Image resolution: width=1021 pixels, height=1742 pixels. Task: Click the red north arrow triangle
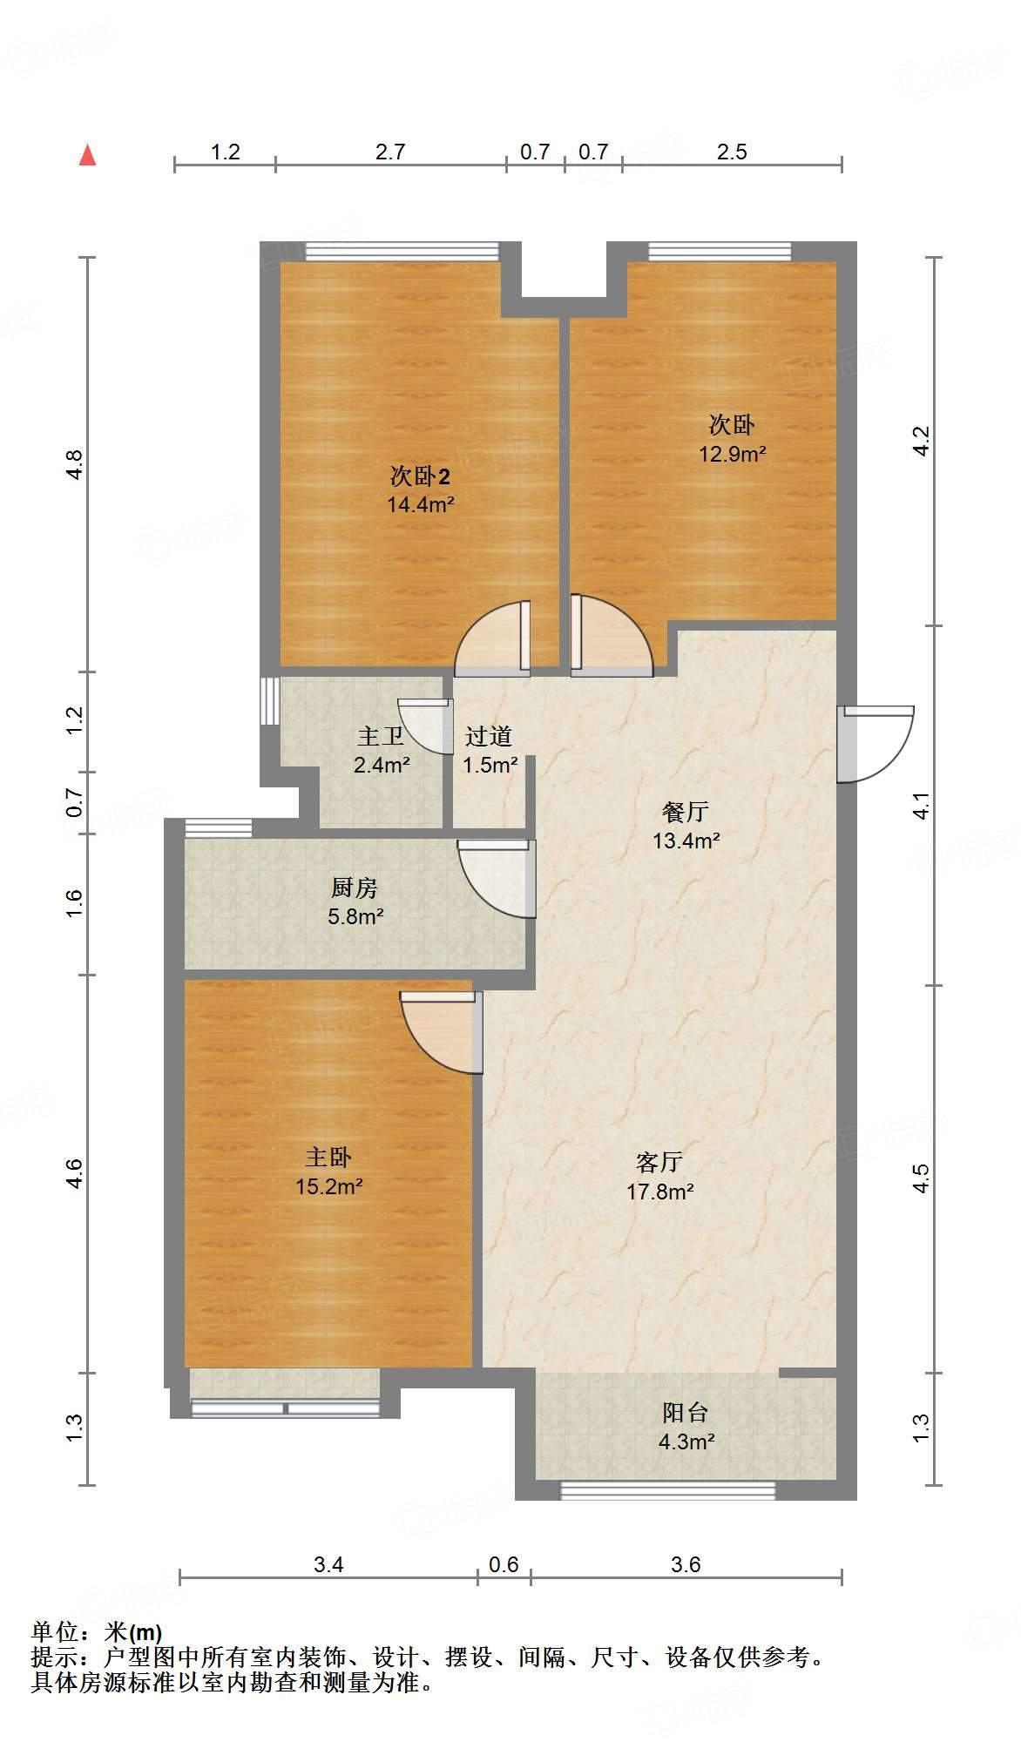87,155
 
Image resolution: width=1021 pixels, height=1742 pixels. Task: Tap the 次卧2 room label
420,476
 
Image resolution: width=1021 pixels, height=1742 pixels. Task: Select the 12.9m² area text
732,454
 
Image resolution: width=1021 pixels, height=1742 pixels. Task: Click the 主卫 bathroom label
381,737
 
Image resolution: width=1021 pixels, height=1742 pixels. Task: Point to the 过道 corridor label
488,737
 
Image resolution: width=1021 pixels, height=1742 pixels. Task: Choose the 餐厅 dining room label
686,812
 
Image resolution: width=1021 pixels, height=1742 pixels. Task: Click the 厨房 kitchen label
355,888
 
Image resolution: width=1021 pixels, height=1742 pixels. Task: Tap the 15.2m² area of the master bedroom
328,1186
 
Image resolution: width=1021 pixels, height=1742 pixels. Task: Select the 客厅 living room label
659,1162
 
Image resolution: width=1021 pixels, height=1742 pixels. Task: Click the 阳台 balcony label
686,1413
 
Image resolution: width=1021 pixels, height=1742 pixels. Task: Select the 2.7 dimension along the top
390,152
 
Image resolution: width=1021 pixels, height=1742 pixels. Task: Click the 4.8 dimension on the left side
75,463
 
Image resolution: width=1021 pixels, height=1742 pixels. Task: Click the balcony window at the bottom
667,1490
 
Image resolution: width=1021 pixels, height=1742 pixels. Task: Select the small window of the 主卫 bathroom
267,700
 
